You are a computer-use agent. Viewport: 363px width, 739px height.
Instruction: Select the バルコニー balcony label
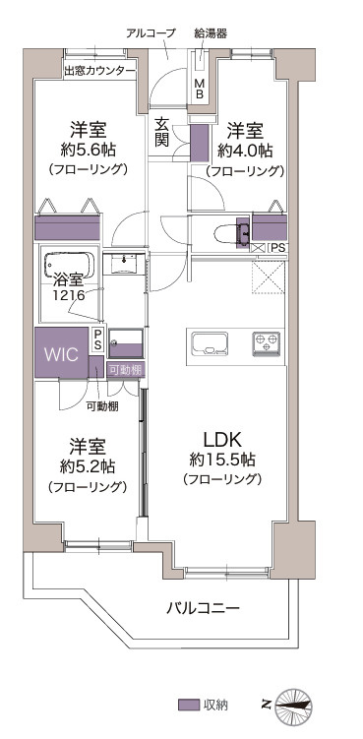[x=202, y=609]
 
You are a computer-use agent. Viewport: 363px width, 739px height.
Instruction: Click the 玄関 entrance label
[x=161, y=132]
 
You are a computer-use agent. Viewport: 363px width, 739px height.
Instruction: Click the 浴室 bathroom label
[x=69, y=278]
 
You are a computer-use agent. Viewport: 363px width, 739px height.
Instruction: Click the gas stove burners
[x=267, y=343]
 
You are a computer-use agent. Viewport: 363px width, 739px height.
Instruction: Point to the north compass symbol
[x=294, y=704]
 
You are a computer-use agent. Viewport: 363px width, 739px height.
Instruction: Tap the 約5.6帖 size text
[x=88, y=151]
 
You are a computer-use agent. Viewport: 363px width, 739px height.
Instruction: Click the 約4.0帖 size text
[x=245, y=151]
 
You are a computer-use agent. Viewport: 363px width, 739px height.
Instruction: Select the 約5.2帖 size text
[x=88, y=464]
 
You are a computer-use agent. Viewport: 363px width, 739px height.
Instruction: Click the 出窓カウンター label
[x=99, y=71]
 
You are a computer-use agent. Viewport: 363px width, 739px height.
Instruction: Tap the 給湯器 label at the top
[x=211, y=32]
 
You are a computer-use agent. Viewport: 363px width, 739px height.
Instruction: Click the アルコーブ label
[x=151, y=32]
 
